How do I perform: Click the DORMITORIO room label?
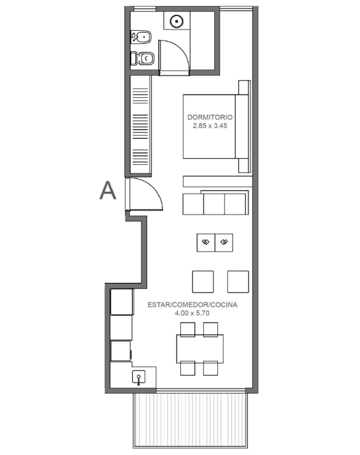click(210, 117)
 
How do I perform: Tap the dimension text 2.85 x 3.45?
click(210, 125)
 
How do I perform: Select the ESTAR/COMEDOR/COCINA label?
click(193, 305)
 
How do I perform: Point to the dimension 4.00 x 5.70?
click(192, 313)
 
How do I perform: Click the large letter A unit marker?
click(108, 191)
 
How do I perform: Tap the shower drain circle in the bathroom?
click(176, 22)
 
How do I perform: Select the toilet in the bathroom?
click(142, 58)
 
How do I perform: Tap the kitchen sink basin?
click(139, 377)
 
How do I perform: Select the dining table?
click(200, 349)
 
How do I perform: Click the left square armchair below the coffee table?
click(203, 282)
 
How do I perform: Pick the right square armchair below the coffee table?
click(238, 282)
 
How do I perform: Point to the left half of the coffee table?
click(206, 243)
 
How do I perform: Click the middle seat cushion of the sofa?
click(214, 204)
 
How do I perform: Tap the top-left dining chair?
click(188, 330)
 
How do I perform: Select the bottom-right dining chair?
click(210, 368)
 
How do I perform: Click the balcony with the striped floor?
click(191, 420)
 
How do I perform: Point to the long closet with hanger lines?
click(140, 125)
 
